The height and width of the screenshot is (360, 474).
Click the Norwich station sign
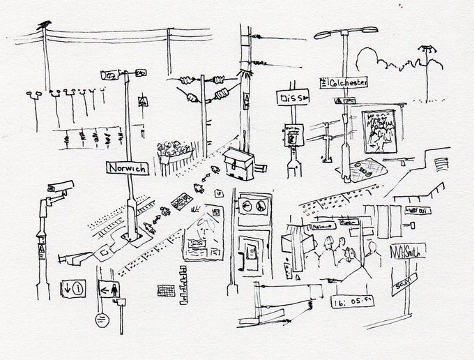coord(127,168)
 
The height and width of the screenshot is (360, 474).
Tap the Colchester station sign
coord(344,82)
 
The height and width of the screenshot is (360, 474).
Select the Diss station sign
coord(291,98)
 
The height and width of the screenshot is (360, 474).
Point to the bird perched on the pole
coord(45,25)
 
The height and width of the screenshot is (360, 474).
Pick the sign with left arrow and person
coord(107,287)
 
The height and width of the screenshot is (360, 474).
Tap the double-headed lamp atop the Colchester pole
coord(345,32)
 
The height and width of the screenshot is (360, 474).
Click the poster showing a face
coord(202,237)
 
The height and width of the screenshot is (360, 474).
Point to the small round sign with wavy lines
coord(102,320)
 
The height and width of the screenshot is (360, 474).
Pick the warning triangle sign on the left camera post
coord(43,247)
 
